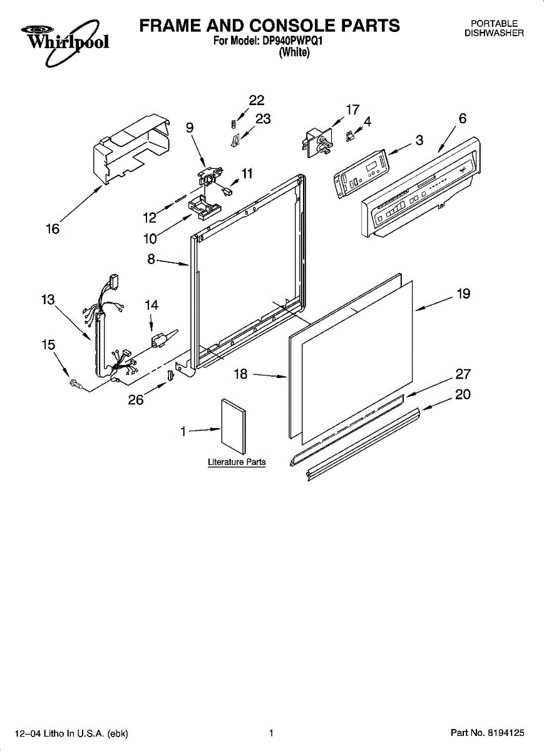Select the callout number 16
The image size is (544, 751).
[53, 230]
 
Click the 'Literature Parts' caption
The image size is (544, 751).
[237, 462]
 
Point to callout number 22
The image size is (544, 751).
[257, 100]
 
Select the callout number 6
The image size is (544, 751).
[463, 119]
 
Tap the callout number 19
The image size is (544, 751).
[463, 294]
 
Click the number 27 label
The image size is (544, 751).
[463, 374]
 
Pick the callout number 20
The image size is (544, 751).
[463, 395]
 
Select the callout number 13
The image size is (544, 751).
[48, 300]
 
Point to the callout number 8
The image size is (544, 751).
[151, 258]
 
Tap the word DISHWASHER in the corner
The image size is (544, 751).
[494, 33]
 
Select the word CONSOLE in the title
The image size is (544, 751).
[292, 26]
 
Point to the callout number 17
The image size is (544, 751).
[352, 110]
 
